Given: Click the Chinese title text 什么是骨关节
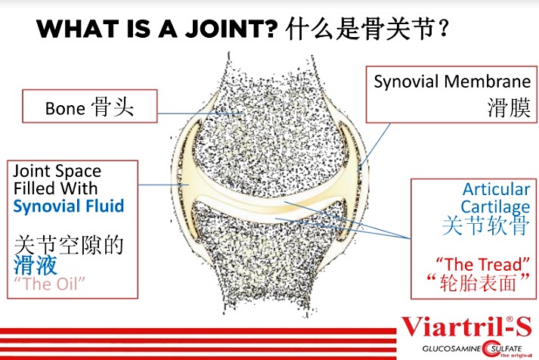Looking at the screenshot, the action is (361, 29).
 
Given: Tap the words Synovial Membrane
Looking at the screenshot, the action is (452, 82).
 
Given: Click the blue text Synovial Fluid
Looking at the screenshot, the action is (69, 206).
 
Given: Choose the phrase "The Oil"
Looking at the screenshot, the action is (50, 284).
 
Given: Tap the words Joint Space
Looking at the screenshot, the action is (57, 172).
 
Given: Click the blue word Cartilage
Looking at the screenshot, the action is (495, 206).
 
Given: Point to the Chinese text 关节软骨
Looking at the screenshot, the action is (483, 226).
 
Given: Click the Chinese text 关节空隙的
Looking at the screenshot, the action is (68, 245).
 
